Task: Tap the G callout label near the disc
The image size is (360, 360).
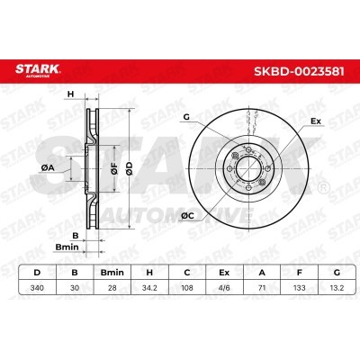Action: (x=186, y=117)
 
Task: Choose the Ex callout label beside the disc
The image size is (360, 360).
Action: (x=315, y=119)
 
